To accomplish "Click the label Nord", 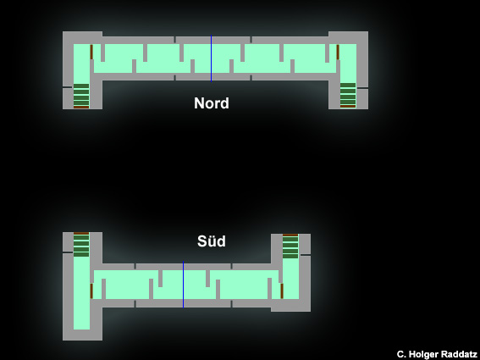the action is point(212,103).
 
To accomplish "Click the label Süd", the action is point(212,241).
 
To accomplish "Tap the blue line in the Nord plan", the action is point(211,58).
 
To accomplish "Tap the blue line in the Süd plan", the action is point(183,285).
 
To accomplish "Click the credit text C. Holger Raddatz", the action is point(437,354).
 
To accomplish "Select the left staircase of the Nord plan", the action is point(81,95).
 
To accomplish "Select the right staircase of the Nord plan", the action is point(348,94).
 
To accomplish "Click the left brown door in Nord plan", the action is point(91,52).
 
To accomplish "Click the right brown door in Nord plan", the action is point(338,52).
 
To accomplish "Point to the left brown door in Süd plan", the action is point(91,291).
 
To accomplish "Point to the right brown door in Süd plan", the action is point(282,291).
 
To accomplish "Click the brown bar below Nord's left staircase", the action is point(81,108).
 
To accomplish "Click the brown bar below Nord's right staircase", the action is point(348,107).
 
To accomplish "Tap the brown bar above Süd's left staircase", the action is point(81,234).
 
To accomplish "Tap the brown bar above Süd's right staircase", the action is point(290,235).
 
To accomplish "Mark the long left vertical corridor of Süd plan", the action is point(81,293).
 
